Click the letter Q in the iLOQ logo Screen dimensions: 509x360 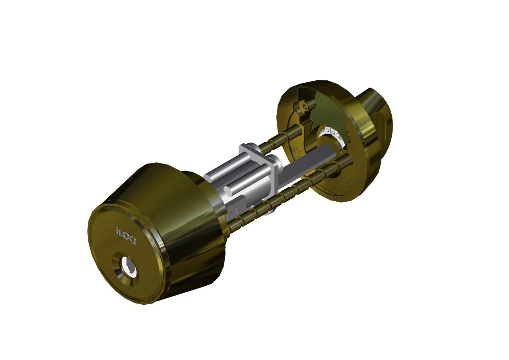pyautogui.click(x=133, y=241)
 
